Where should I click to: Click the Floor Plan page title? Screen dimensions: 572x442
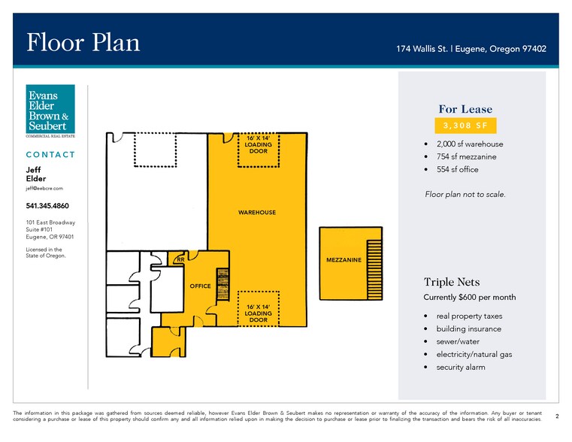click(83, 42)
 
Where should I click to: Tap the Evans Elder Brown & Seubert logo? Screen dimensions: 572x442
click(50, 110)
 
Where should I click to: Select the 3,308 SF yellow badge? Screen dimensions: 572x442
click(465, 126)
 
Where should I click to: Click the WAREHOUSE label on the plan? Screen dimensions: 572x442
click(257, 212)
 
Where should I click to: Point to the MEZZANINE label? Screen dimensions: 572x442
click(344, 260)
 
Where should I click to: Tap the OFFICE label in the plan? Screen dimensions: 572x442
click(200, 286)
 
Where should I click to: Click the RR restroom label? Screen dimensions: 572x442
click(180, 259)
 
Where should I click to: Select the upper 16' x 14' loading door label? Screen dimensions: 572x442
click(259, 144)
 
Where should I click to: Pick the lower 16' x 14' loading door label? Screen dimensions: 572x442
click(259, 313)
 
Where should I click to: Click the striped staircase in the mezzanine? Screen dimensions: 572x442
click(374, 270)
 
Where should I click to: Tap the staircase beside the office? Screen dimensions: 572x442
click(223, 284)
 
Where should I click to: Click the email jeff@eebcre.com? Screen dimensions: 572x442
click(44, 189)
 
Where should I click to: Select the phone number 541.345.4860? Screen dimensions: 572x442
click(47, 206)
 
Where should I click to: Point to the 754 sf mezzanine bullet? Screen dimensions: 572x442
click(466, 157)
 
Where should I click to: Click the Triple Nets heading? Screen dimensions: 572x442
click(452, 282)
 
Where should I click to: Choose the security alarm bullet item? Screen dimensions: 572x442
click(461, 368)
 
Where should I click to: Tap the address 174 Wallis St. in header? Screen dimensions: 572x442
click(422, 49)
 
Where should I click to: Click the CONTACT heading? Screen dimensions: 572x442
click(50, 155)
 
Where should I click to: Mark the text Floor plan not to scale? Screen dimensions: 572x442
click(465, 195)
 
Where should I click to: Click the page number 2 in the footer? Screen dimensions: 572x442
click(557, 416)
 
